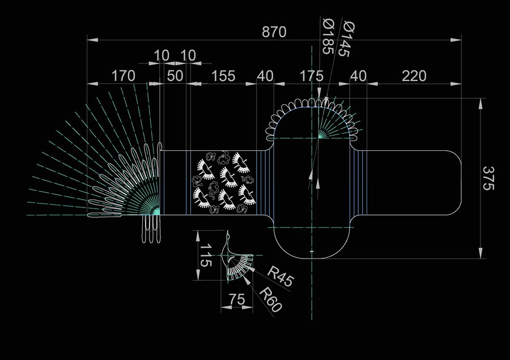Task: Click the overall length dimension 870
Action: [274, 32]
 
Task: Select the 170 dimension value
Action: [124, 76]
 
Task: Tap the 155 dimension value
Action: [223, 76]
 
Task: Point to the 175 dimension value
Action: [311, 76]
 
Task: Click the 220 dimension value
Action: [414, 76]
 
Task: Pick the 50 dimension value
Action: [175, 76]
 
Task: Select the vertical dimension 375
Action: [488, 178]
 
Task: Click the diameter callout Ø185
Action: [329, 36]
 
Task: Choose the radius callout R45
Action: [280, 276]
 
